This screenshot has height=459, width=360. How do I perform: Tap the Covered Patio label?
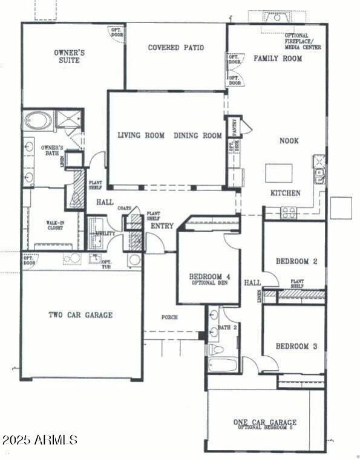coord(175,47)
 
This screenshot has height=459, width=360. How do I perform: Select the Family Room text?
coord(277,59)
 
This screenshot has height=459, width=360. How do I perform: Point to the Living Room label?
coord(141,135)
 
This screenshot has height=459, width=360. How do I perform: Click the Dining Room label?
coord(198,135)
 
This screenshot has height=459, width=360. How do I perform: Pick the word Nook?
coord(289,140)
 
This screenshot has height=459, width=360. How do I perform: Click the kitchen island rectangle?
coord(279,173)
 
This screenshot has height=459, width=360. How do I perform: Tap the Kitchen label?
coord(285,193)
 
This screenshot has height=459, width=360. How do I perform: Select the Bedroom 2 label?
coord(296,261)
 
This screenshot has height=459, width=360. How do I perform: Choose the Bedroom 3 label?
coord(296,347)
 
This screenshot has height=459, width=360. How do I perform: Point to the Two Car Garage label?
coord(80,315)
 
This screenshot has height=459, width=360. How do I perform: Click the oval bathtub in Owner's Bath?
coord(39,121)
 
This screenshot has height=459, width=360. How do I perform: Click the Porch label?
coord(169,317)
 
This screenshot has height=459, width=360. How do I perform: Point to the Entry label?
coord(162,226)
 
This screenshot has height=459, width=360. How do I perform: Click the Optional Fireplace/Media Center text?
coord(303,41)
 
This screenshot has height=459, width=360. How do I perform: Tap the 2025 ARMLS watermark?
coord(39,440)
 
